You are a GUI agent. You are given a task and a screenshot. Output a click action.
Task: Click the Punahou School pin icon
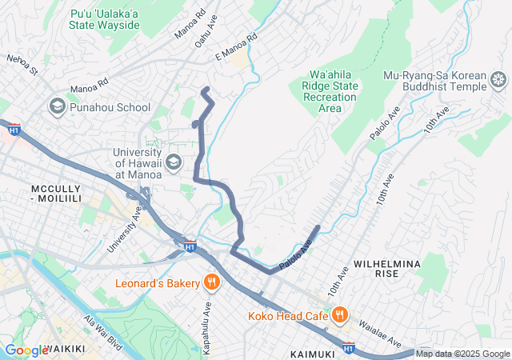[58, 106]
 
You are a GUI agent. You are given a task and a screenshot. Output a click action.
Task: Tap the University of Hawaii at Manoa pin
[173, 163]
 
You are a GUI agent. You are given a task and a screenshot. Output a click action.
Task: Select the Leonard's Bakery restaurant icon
[211, 282]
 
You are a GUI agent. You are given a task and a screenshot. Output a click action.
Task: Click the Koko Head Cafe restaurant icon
[339, 315]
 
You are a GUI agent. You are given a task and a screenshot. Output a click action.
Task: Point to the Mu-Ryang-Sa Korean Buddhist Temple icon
[498, 79]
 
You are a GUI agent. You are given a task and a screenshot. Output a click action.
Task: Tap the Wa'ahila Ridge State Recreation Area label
[331, 90]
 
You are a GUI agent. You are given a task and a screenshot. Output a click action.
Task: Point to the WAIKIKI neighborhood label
[69, 349]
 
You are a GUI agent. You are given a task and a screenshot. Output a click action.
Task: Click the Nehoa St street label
[22, 64]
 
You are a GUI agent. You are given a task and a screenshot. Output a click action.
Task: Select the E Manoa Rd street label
[236, 47]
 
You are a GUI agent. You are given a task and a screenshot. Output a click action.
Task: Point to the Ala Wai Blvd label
[103, 330]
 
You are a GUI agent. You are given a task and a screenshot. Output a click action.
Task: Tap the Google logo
[26, 350]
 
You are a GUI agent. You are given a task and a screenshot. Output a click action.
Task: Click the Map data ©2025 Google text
[462, 354]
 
